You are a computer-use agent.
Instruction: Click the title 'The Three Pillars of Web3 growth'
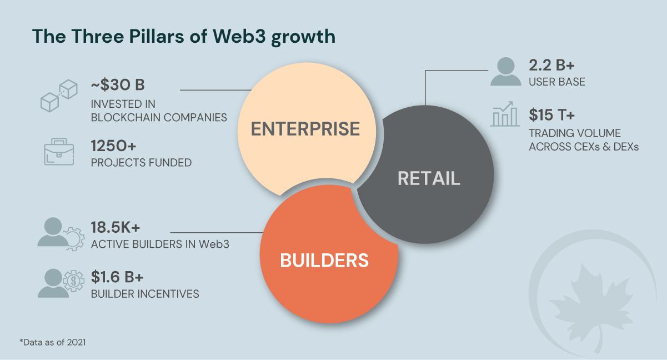[x=184, y=36]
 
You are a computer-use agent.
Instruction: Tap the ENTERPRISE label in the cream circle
[x=305, y=129]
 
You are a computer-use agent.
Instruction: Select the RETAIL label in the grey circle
[x=429, y=178]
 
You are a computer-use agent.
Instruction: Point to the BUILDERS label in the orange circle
[x=324, y=260]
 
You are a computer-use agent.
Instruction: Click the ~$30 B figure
[x=118, y=86]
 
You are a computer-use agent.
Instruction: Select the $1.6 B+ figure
[x=118, y=277]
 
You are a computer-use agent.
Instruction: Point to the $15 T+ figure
[x=551, y=115]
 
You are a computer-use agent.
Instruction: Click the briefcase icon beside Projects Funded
[x=58, y=152]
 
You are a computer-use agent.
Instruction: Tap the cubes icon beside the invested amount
[x=58, y=96]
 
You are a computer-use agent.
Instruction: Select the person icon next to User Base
[x=506, y=72]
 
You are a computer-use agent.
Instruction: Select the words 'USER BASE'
[x=557, y=82]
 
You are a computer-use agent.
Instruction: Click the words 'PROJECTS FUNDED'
[x=141, y=163]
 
